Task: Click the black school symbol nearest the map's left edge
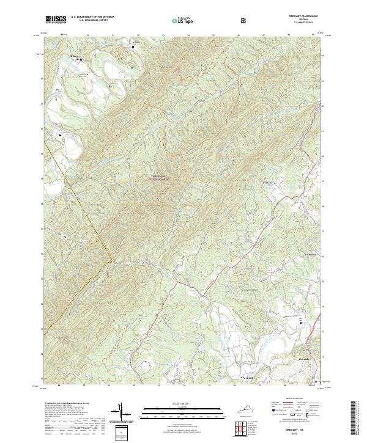coord(61,134)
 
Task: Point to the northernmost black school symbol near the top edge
coord(133,46)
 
